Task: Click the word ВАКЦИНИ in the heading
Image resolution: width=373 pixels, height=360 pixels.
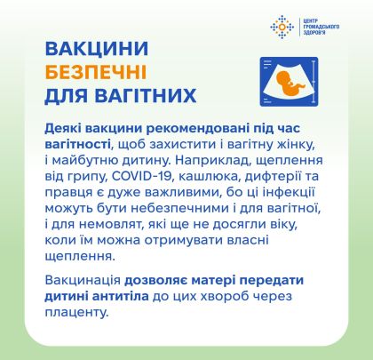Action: (96, 49)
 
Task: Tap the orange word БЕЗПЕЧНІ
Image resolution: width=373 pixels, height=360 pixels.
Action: (96, 72)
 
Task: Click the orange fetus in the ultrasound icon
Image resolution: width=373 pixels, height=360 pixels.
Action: (290, 84)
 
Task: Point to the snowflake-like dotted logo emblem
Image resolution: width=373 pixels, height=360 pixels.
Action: (282, 27)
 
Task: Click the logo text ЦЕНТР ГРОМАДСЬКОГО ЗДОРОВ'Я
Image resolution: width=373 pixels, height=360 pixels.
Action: (321, 27)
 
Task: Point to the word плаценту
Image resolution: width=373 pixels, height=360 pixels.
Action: (76, 313)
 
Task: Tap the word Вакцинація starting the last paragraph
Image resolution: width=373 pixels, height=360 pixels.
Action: (83, 281)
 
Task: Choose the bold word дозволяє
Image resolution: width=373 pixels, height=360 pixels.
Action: (155, 281)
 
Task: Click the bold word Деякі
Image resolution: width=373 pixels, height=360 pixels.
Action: (63, 129)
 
